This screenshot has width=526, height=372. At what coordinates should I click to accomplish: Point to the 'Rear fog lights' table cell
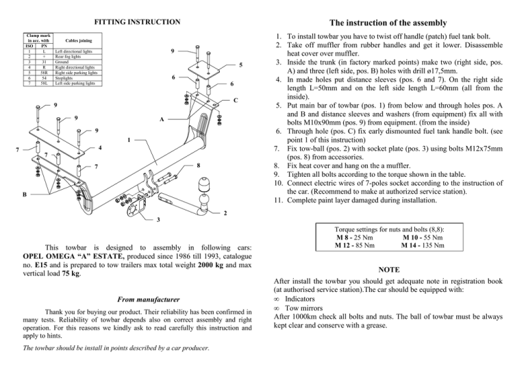68,55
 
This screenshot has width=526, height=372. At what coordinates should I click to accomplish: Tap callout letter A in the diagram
161,119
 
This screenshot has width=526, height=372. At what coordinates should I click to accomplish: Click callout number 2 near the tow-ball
225,212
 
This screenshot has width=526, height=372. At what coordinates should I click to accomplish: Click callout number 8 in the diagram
197,164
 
